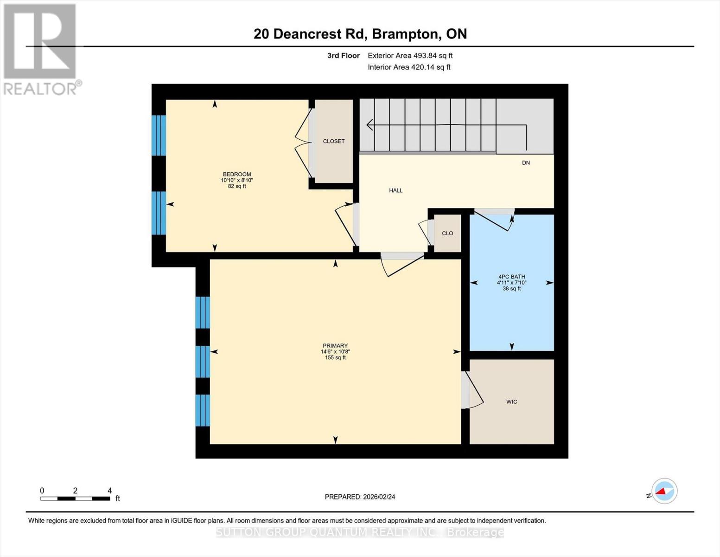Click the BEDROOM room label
point(237,174)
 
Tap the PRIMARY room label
point(335,345)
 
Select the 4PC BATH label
point(511,277)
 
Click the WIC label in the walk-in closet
point(511,402)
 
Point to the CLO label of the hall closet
point(447,233)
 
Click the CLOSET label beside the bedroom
point(334,141)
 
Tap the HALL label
point(395,190)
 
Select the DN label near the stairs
point(526,162)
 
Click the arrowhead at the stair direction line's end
point(370,124)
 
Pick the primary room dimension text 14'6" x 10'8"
point(335,352)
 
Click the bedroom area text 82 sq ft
point(237,186)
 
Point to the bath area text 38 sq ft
point(511,288)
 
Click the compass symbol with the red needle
point(664,491)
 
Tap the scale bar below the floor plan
point(75,499)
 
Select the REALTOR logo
point(41,49)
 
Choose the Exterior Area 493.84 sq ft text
point(410,56)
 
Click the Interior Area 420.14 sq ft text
point(409,67)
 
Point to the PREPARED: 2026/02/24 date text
point(360,497)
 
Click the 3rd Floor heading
point(343,56)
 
